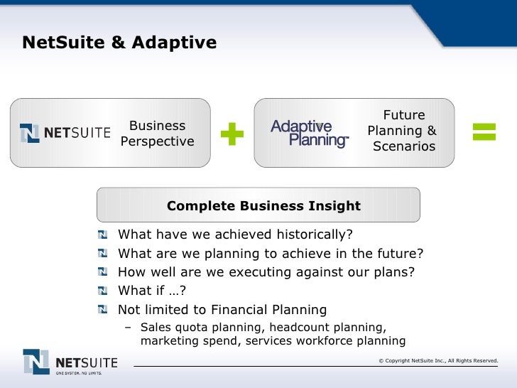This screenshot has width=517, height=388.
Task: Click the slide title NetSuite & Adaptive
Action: (x=119, y=44)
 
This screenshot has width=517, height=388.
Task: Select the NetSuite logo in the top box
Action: (x=65, y=133)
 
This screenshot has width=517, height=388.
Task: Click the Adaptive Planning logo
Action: (x=310, y=133)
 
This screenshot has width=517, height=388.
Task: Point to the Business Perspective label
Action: (x=157, y=134)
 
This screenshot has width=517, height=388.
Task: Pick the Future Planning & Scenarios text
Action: (x=403, y=131)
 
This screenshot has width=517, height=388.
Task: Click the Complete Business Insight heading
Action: (x=263, y=206)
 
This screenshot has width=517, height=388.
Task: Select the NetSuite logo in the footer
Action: (x=69, y=362)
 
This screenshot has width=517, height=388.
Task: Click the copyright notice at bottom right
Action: (x=438, y=361)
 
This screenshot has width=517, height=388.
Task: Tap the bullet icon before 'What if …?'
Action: (x=104, y=291)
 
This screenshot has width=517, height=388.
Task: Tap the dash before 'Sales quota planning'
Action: (x=129, y=328)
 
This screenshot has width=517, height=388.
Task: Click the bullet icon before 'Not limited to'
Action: (x=104, y=309)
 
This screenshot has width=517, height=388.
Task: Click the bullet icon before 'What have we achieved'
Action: (x=104, y=235)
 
